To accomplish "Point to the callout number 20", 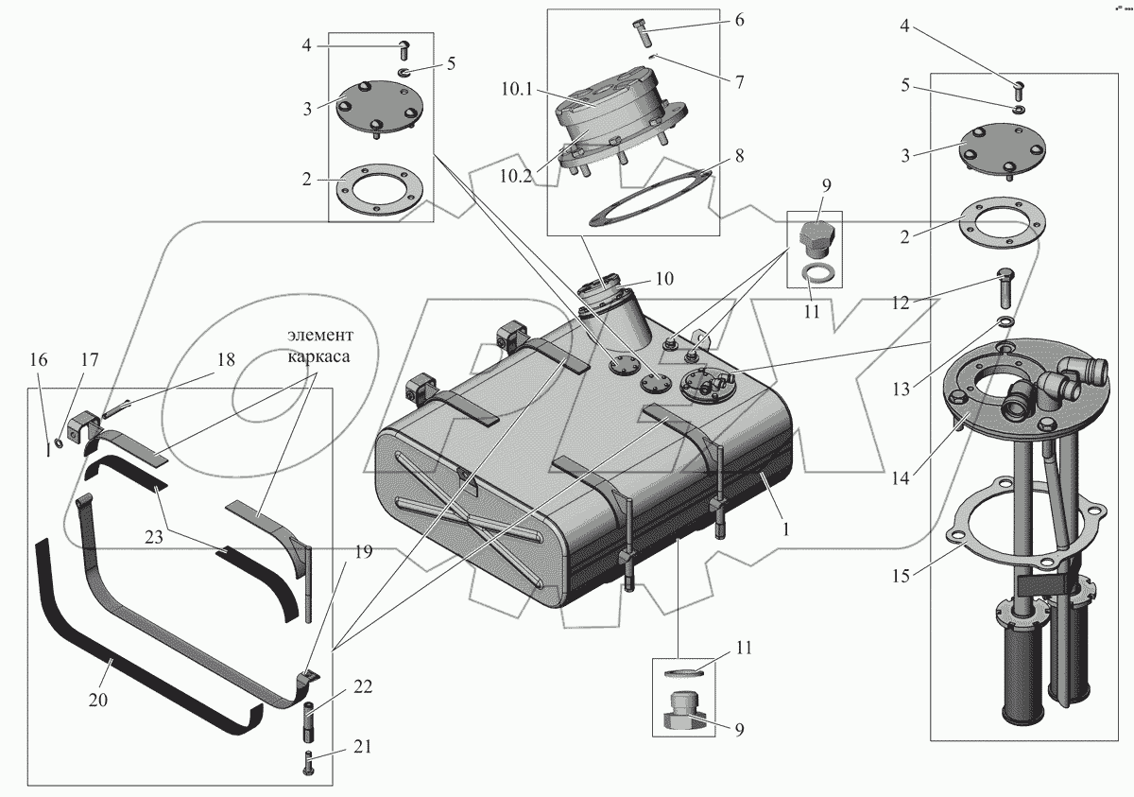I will click(98, 701).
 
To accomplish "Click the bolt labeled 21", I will click(309, 763).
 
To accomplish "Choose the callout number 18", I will click(225, 361).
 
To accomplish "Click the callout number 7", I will click(740, 82).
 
